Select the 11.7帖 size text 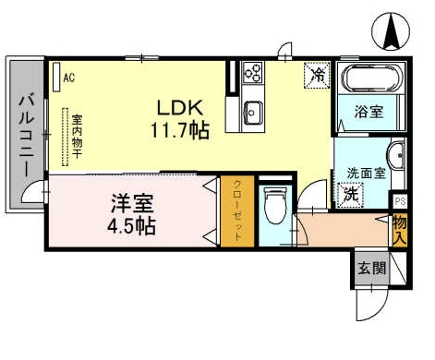[x=179, y=130]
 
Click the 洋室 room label [x=134, y=200]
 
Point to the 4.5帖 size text [x=131, y=224]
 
